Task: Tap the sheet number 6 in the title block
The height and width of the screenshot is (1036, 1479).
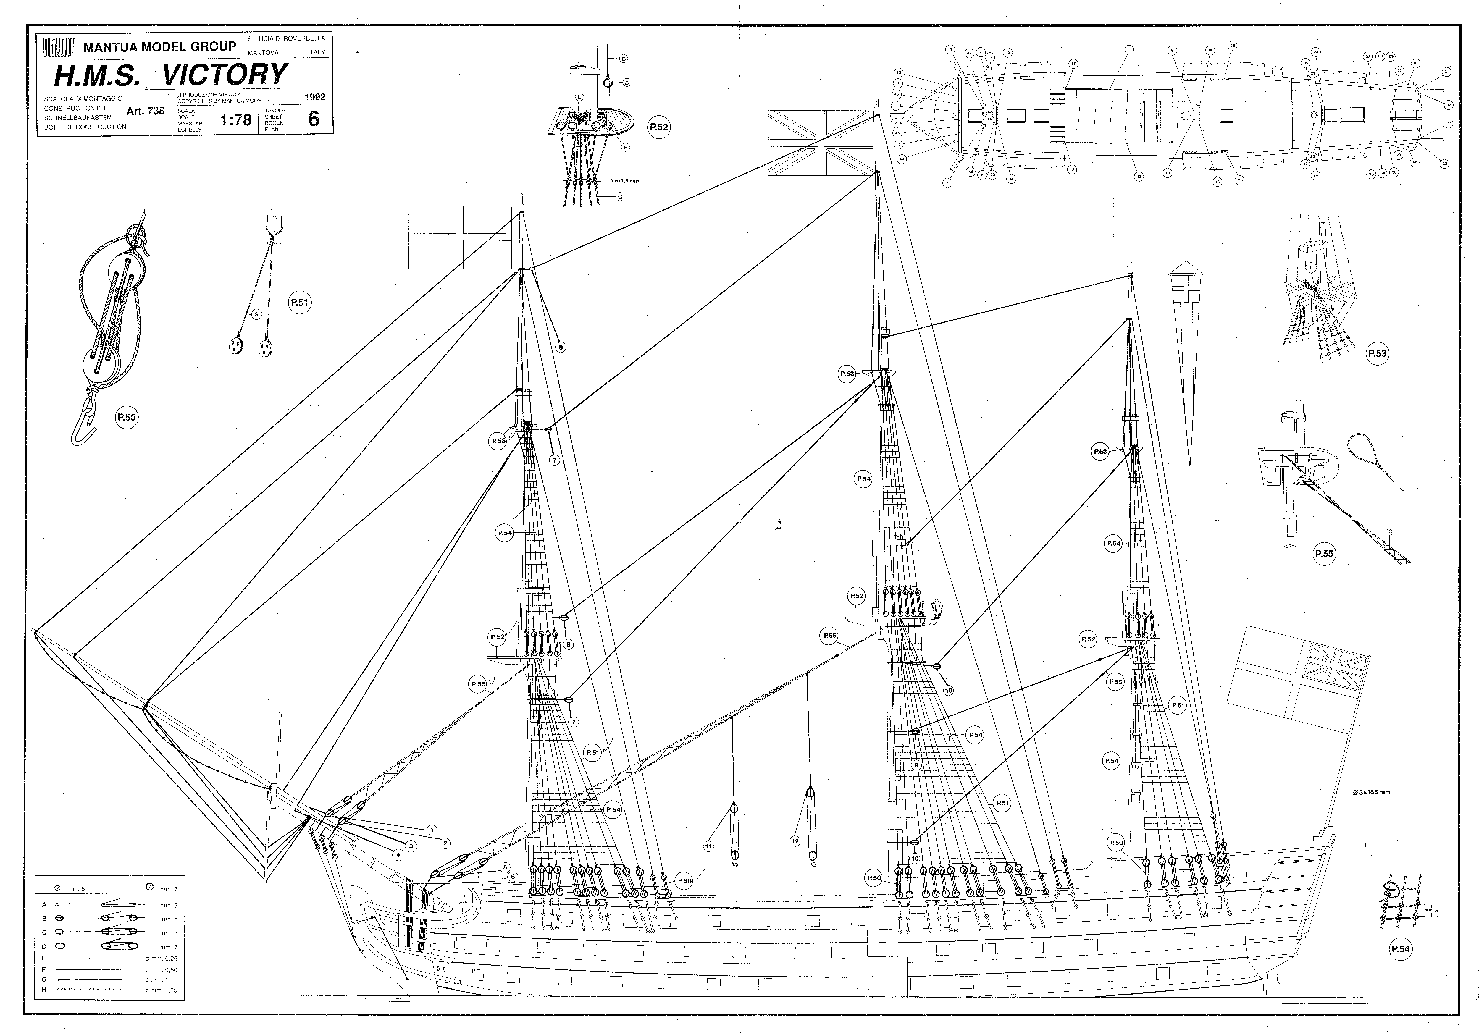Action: (x=314, y=119)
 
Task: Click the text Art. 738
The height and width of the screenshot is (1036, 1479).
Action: (x=146, y=111)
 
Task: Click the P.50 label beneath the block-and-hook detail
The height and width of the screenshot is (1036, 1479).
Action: (x=126, y=417)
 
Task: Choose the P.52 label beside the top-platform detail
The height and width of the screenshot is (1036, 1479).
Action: (x=659, y=127)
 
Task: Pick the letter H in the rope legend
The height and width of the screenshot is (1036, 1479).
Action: (x=44, y=990)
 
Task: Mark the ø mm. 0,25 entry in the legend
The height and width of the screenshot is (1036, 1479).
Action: (x=161, y=959)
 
